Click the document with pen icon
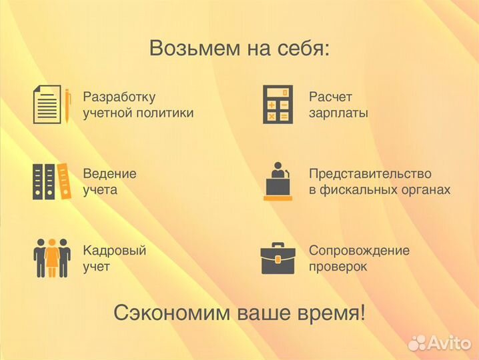48,105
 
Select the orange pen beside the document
67,105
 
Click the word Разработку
119,97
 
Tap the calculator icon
276,105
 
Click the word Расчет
330,97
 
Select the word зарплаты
338,113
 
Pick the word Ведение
109,173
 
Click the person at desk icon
278,181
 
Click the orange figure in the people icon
52,257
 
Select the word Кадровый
114,251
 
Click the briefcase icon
278,259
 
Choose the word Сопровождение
359,251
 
